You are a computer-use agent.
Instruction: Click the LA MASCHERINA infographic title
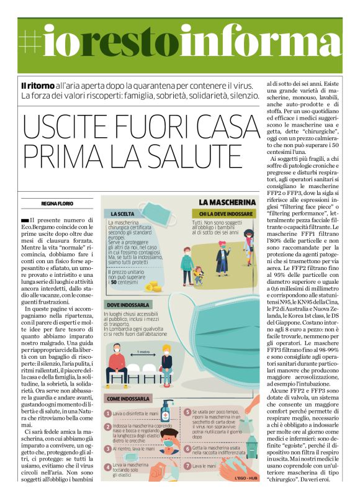tap(228, 202)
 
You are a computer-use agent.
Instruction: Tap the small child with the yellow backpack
tap(198, 273)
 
